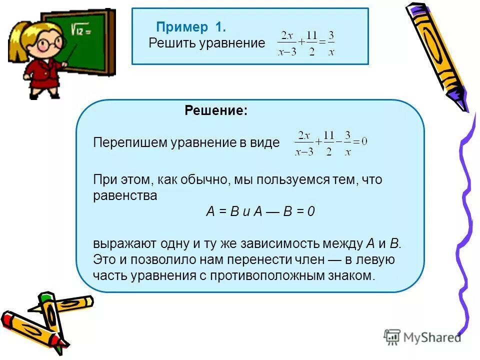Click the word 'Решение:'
pyautogui.click(x=216, y=110)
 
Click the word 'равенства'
pyautogui.click(x=125, y=195)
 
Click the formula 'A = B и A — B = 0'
pyautogui.click(x=260, y=211)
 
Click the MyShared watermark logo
pyautogui.click(x=422, y=337)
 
